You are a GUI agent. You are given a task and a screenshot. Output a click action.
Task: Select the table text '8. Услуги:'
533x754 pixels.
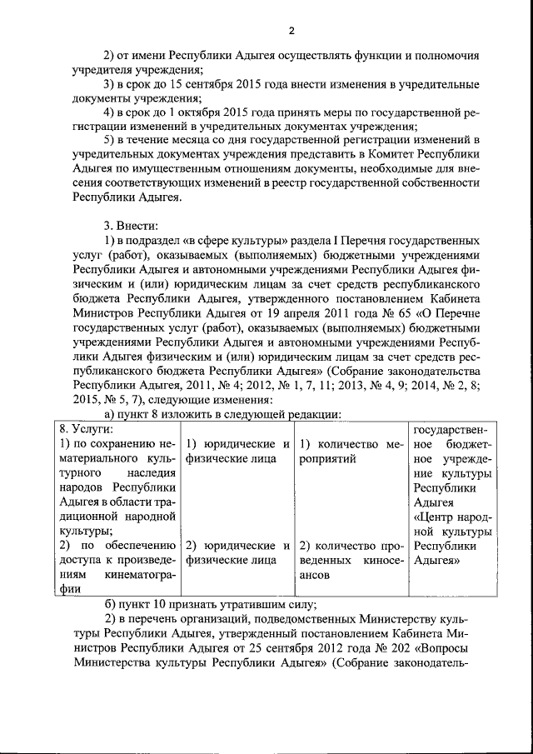(x=87, y=427)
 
